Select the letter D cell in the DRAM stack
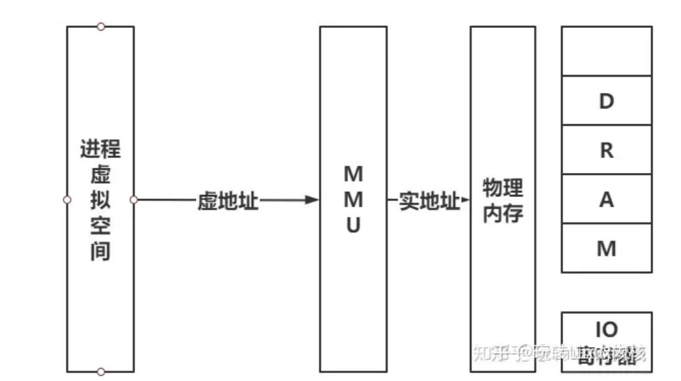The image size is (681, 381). pos(606,101)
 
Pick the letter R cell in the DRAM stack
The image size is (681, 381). pos(606,150)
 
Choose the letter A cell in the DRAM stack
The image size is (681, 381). pos(606,200)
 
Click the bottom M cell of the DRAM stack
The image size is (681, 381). pos(606,248)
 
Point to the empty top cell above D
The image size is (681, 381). pos(606,51)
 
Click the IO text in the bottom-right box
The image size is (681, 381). pos(606,329)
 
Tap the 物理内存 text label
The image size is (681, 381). pos(503,200)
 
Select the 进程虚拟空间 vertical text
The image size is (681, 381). pos(100,200)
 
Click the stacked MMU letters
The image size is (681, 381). pos(353,200)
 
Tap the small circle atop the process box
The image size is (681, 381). pos(100,27)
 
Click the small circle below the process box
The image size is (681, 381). pos(100,372)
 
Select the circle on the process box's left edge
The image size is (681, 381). pos(67,200)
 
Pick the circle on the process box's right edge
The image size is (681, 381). pos(134,200)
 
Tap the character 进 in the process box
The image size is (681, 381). pos(90,150)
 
